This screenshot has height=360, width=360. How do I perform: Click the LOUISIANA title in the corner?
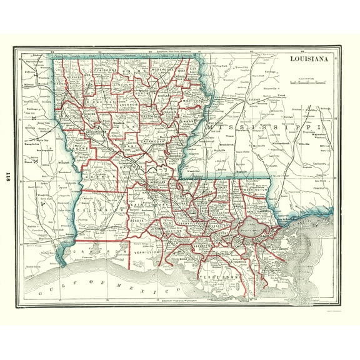coord(310,61)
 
